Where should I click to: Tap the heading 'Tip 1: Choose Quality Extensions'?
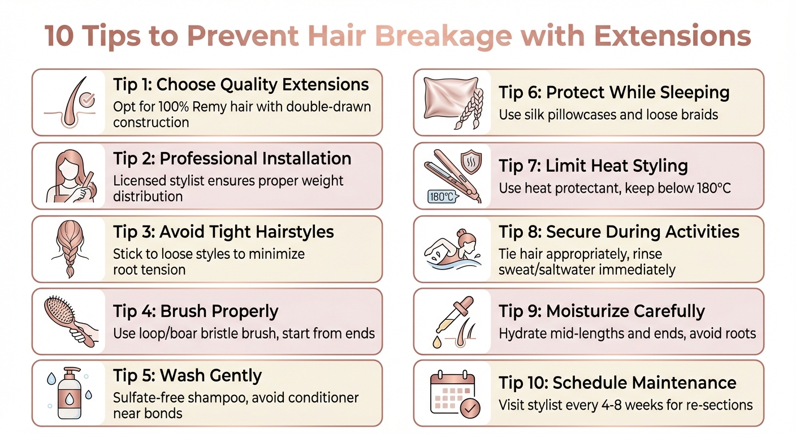pos(241,85)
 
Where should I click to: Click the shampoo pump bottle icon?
pos(69,393)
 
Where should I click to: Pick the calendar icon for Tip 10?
pos(453,393)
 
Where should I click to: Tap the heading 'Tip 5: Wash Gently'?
pos(187,376)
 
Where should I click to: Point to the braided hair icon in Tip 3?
pos(69,249)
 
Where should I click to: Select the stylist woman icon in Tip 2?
pos(69,176)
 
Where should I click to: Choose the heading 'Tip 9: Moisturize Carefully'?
pos(602,311)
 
